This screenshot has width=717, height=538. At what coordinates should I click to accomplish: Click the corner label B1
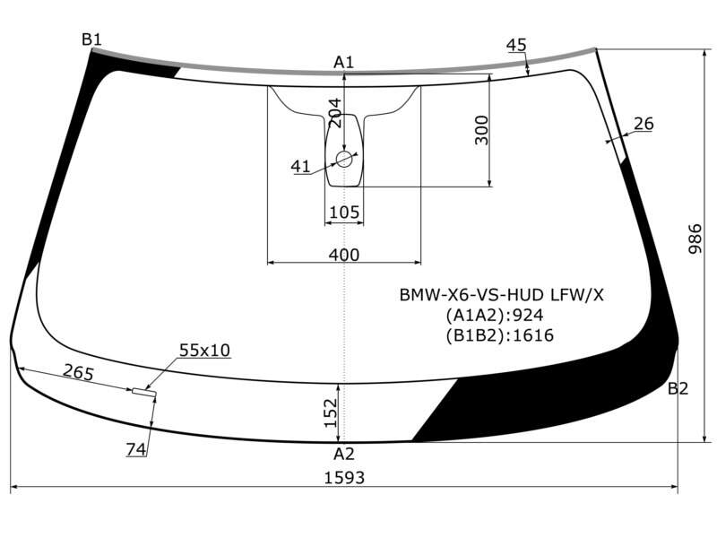click(91, 39)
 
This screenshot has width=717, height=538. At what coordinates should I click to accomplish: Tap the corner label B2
click(678, 388)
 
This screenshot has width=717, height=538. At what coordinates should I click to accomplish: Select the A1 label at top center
click(344, 62)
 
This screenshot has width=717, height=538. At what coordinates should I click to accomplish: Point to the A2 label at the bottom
click(344, 454)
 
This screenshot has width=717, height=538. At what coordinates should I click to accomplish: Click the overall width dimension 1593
click(344, 478)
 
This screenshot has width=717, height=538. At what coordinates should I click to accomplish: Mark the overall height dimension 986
click(695, 239)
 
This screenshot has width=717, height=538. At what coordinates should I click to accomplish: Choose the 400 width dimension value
click(344, 255)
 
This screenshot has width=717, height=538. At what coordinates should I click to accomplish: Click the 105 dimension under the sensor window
click(344, 213)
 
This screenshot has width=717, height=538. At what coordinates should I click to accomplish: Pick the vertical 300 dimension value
click(481, 130)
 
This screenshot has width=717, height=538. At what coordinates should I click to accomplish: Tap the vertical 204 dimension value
click(335, 113)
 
